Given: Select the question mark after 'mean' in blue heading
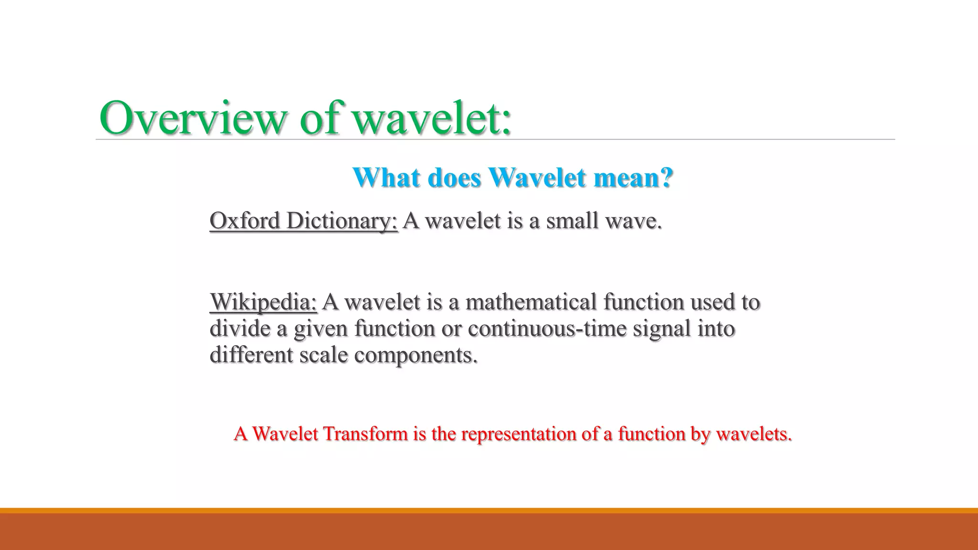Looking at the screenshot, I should (x=665, y=178).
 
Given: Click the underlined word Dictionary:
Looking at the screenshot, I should (x=342, y=221).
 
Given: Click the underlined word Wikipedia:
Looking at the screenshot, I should (x=263, y=302).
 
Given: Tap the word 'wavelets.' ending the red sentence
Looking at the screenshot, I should (x=754, y=434).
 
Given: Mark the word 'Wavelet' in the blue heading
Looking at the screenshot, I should (x=537, y=178).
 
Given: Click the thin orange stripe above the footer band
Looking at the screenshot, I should (x=489, y=510).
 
